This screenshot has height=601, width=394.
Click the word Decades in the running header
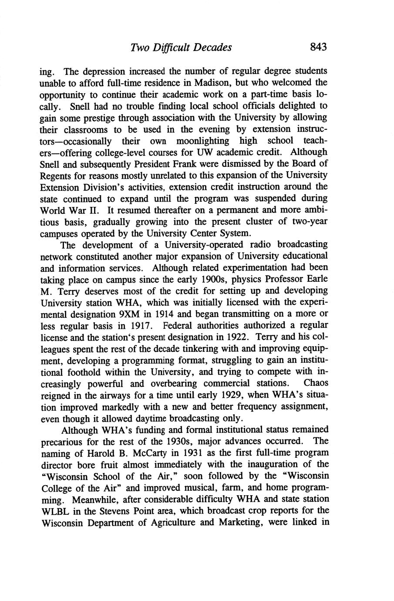pos(212,47)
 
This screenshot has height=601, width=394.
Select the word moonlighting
pos(202,141)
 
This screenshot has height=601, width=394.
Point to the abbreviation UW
pos(205,152)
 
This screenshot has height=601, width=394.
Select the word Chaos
pos(316,384)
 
